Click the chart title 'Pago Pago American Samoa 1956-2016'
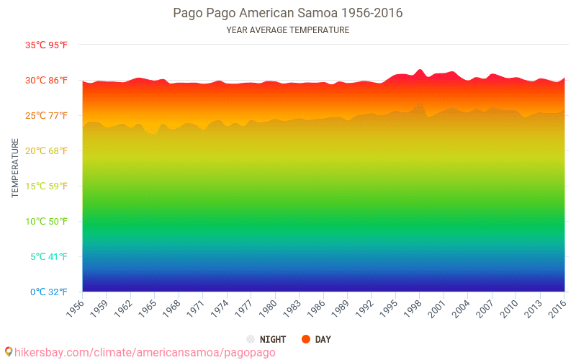click(x=287, y=13)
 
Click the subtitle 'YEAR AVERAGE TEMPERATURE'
click(x=287, y=30)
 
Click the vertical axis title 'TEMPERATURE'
click(x=15, y=168)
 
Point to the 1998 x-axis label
click(x=413, y=307)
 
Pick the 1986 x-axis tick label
click(x=317, y=307)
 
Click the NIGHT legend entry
click(x=266, y=339)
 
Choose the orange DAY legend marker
click(x=306, y=339)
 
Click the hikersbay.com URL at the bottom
click(x=144, y=352)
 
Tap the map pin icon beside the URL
click(x=8, y=351)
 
